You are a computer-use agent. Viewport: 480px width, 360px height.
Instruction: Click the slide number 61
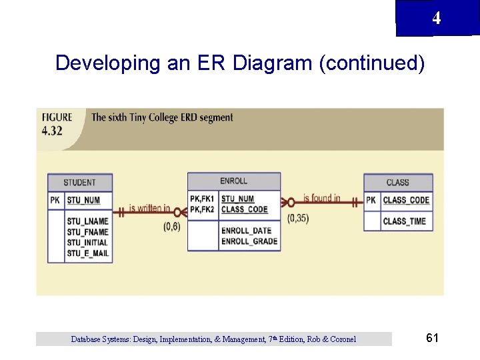pyautogui.click(x=432, y=338)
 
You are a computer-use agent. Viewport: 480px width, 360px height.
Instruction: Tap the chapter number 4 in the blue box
pyautogui.click(x=436, y=19)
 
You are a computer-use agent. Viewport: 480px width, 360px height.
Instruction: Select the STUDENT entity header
pyautogui.click(x=79, y=182)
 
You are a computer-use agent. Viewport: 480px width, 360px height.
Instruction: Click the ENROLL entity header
pyautogui.click(x=233, y=181)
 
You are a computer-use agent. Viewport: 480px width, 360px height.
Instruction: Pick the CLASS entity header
pyautogui.click(x=397, y=182)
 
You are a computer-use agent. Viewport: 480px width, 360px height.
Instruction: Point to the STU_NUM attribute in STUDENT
pyautogui.click(x=83, y=200)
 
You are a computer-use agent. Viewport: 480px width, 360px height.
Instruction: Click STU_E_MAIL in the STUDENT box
pyautogui.click(x=88, y=253)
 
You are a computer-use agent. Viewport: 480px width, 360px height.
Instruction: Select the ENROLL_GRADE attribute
pyautogui.click(x=249, y=241)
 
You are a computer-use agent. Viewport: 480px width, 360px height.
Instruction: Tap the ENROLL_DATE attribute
pyautogui.click(x=247, y=231)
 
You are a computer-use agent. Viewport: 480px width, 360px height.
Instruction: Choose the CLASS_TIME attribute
pyautogui.click(x=404, y=221)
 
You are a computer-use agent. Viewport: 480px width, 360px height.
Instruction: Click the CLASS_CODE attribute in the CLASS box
pyautogui.click(x=406, y=200)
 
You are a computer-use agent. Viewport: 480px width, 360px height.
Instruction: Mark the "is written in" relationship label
pyautogui.click(x=149, y=208)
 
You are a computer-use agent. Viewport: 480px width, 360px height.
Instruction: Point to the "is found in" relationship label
pyautogui.click(x=321, y=198)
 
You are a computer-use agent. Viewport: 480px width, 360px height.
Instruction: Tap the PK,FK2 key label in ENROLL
pyautogui.click(x=202, y=209)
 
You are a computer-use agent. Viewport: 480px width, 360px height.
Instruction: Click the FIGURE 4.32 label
pyautogui.click(x=57, y=124)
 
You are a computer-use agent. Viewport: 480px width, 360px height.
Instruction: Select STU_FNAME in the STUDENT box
pyautogui.click(x=87, y=232)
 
